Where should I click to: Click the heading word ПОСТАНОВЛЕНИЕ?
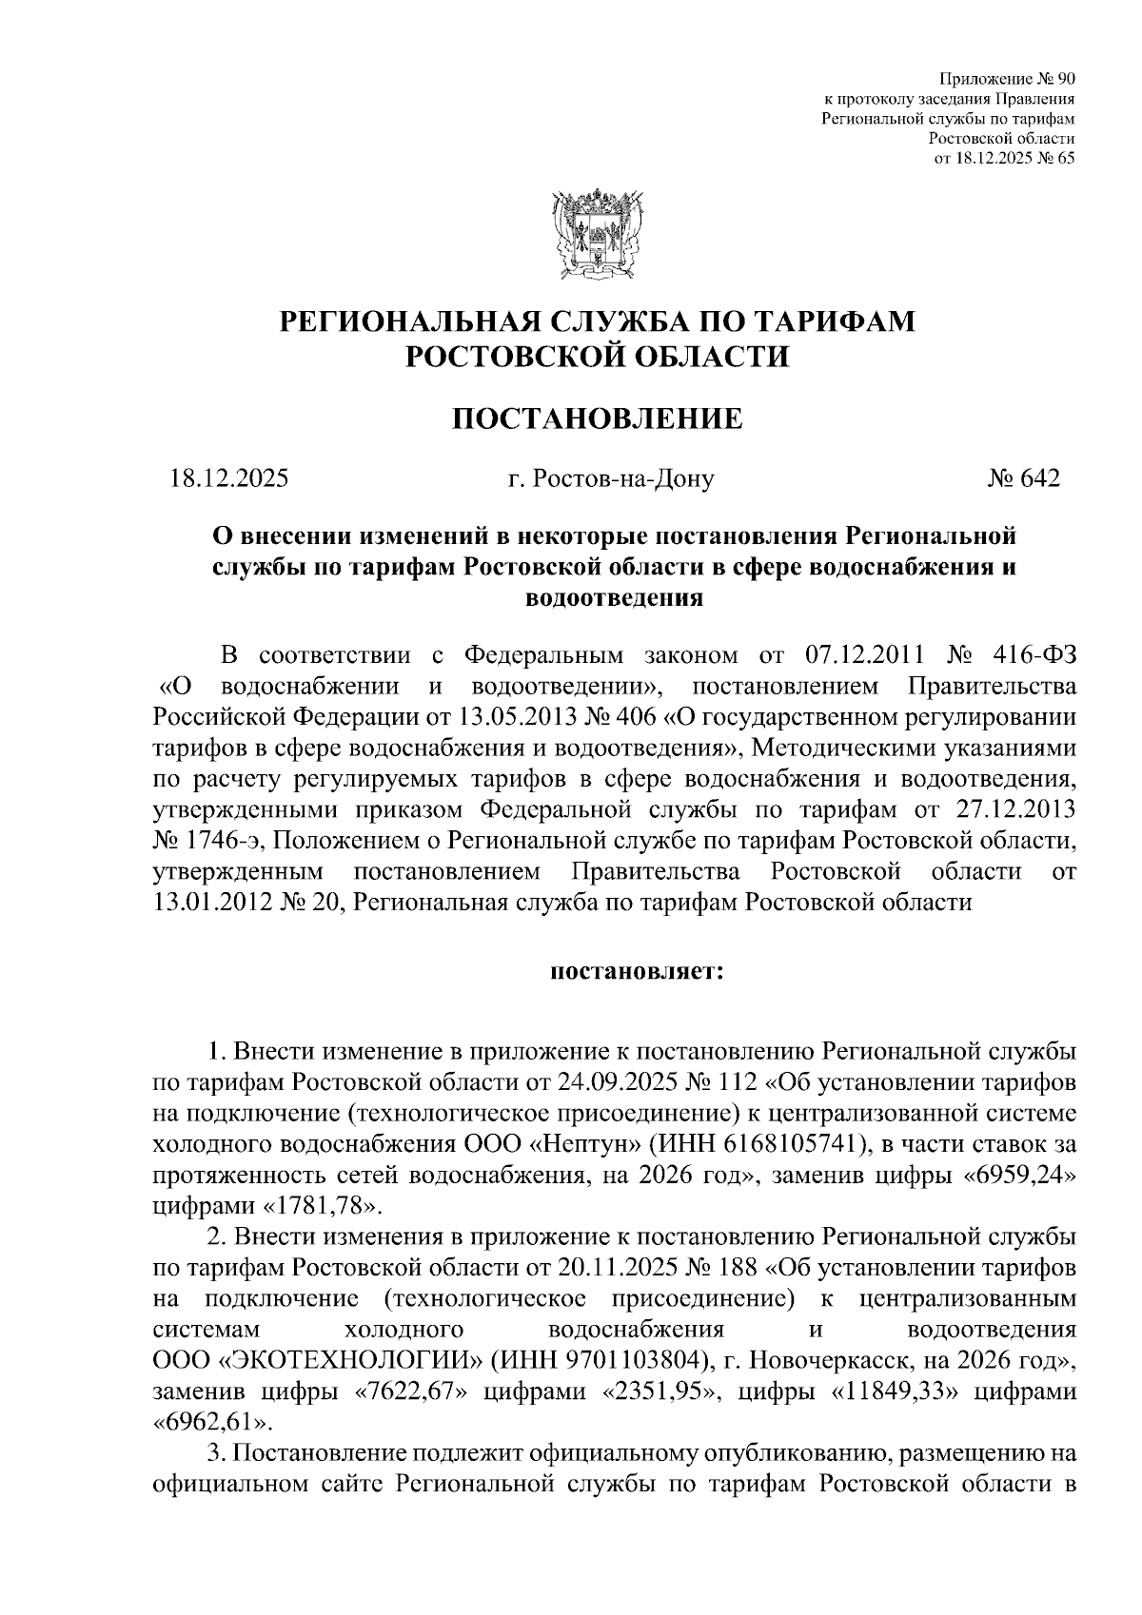[x=597, y=418]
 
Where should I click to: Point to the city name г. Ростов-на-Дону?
[x=610, y=478]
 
